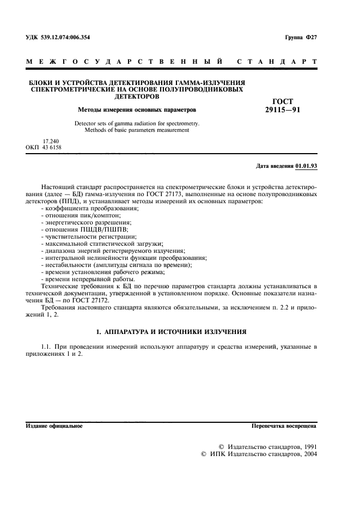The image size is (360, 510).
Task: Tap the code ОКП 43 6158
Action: pyautogui.click(x=44, y=148)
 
